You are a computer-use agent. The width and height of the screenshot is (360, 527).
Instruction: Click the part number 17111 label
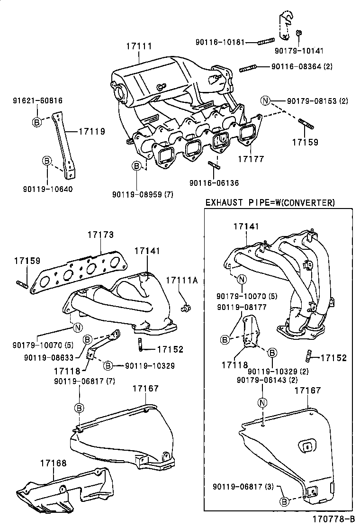point(139,46)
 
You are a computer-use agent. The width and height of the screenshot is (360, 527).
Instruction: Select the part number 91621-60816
point(37,100)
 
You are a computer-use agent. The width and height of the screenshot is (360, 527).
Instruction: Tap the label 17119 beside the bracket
point(91,132)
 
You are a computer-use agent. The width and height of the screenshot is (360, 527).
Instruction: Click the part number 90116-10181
point(220,42)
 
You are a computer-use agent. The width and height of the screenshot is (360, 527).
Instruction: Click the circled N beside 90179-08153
point(265,100)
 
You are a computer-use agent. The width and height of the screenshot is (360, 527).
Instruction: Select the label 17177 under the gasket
point(251,159)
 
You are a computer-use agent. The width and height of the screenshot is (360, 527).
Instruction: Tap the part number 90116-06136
point(214,183)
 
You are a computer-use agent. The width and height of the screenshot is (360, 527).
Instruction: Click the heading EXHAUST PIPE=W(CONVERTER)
point(270,203)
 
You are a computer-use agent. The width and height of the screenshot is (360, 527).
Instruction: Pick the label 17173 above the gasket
point(100,235)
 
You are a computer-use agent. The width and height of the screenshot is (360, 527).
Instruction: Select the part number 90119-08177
point(242,307)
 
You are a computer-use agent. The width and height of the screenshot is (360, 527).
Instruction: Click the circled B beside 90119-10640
point(47,161)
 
